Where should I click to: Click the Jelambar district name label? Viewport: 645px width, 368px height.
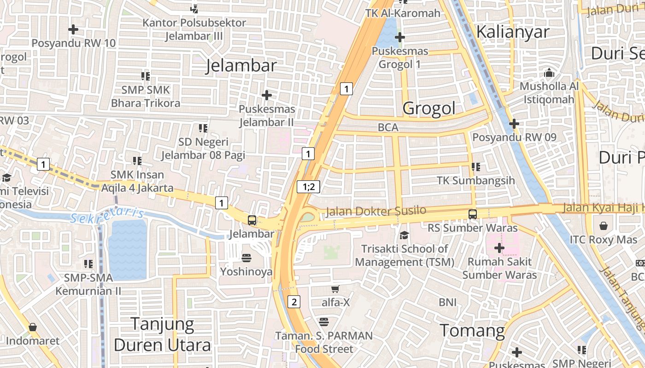(x=241, y=65)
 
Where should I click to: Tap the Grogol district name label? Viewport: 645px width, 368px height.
(x=429, y=108)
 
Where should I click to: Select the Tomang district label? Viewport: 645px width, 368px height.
(x=472, y=330)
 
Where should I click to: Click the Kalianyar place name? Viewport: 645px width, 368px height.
(x=513, y=32)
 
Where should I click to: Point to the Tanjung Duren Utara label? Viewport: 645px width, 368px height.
(x=162, y=334)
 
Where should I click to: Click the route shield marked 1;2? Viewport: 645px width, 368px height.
(x=308, y=186)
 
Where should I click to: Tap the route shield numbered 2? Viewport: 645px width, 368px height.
(x=293, y=302)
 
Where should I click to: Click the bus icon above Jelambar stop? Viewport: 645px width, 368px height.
(x=252, y=220)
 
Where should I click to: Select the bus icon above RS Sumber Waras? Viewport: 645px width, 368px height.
(x=473, y=214)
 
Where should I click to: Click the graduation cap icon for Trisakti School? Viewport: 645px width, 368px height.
(x=404, y=235)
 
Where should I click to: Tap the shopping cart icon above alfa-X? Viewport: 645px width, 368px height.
(x=335, y=289)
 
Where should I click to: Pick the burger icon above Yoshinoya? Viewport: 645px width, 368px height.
(x=246, y=258)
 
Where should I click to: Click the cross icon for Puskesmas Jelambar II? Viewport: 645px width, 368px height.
(x=266, y=95)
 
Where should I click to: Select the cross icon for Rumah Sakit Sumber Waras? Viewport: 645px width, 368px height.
(x=499, y=248)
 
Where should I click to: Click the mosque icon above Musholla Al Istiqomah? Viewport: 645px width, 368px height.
(x=549, y=73)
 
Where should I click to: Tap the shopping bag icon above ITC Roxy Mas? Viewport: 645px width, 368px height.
(x=603, y=226)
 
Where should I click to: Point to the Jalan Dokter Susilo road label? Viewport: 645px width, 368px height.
(x=376, y=211)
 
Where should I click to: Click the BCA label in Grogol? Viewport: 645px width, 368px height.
(x=387, y=127)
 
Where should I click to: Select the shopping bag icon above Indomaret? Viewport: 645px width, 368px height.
(x=32, y=328)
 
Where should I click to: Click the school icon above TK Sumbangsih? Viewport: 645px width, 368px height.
(x=475, y=167)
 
